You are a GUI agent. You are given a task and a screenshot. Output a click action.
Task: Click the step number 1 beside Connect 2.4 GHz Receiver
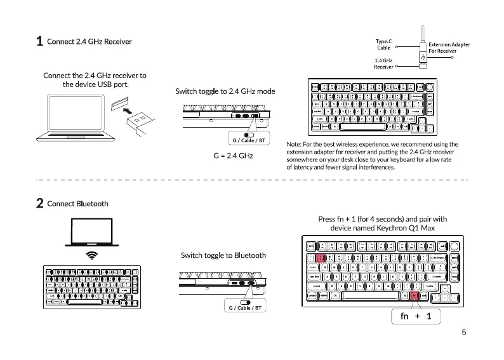39,42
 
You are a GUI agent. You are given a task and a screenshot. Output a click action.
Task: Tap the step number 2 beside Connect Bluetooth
39,204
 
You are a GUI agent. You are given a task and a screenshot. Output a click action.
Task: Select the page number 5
464,332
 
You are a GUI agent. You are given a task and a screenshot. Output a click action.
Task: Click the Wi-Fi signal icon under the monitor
92,255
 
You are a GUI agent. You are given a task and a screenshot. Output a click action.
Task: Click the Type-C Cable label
383,44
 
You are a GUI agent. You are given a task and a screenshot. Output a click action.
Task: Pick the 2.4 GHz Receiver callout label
383,63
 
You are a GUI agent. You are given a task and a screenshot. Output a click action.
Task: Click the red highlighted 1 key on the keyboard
321,258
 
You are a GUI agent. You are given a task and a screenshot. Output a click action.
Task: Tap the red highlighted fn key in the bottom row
414,296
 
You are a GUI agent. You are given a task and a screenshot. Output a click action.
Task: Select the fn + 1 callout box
416,316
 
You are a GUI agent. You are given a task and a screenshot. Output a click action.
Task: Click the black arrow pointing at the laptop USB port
132,113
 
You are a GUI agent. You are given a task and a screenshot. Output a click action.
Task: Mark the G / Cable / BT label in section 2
244,308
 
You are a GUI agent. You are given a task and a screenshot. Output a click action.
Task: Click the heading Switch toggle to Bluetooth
223,255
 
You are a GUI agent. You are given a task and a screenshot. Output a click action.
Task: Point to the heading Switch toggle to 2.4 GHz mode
225,91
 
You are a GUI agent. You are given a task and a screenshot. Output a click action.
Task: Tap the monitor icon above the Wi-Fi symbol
92,232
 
